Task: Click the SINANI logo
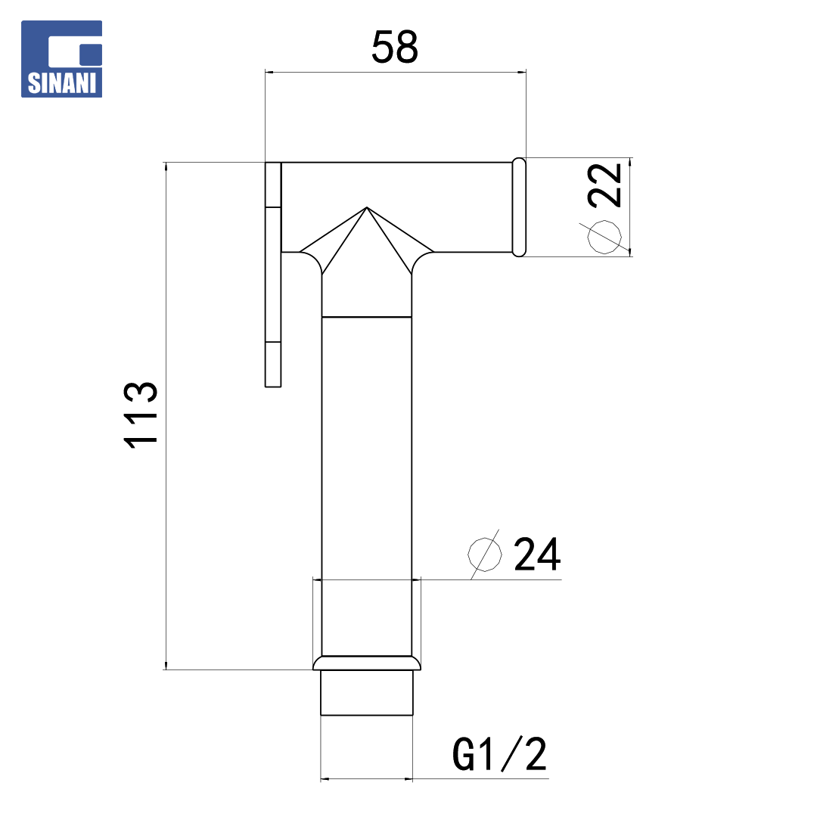pyautogui.click(x=61, y=59)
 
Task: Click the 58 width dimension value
pyautogui.click(x=394, y=47)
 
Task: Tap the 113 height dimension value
pyautogui.click(x=141, y=415)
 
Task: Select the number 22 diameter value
pyautogui.click(x=604, y=185)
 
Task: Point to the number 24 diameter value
pyautogui.click(x=537, y=554)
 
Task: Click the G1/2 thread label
pyautogui.click(x=499, y=754)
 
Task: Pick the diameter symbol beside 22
pyautogui.click(x=604, y=237)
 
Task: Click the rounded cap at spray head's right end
pyautogui.click(x=519, y=207)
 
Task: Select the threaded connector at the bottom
pyautogui.click(x=367, y=692)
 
